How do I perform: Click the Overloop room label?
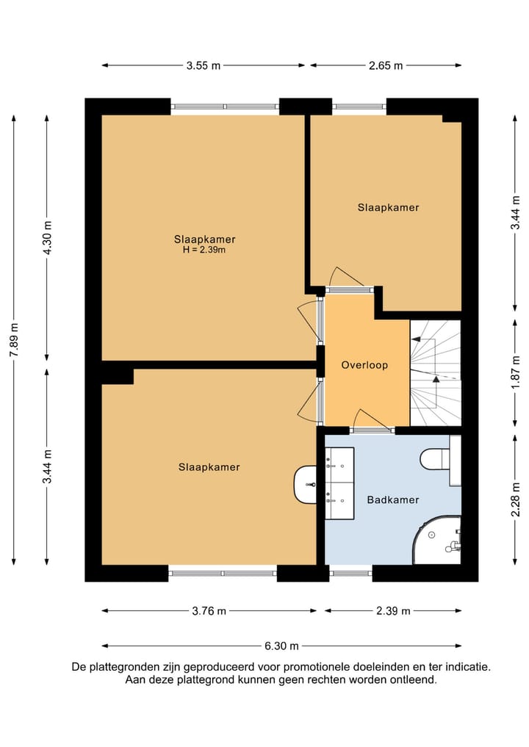pos(364,365)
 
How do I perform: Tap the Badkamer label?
pos(393,499)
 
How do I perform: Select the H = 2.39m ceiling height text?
pos(204,250)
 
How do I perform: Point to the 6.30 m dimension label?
pos(281,646)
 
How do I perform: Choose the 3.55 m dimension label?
pos(204,66)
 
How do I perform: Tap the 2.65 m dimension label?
pos(386,66)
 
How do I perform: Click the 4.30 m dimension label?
pos(47,238)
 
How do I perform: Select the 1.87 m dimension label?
pos(515,372)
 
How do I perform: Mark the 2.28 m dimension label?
pos(515,499)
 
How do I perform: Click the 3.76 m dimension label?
pos(209,611)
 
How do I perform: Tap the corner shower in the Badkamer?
pos(437,540)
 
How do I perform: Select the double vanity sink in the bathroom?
pos(339,483)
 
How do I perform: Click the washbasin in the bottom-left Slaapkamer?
pos(306,485)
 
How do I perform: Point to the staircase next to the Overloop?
pos(436,373)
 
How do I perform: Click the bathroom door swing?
pos(374,420)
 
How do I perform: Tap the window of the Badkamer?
pos(350,573)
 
